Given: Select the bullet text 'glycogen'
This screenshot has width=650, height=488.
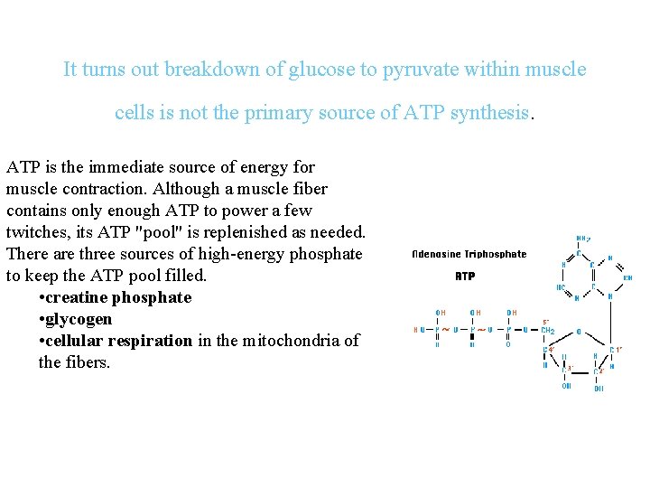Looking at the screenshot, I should [81, 319].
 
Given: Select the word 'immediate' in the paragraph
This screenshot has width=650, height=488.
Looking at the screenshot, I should [120, 167].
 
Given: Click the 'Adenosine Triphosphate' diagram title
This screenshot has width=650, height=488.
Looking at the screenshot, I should [469, 254].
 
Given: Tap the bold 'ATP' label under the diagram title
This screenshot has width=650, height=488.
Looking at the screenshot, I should [465, 276].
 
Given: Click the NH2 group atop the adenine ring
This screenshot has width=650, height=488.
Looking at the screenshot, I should [583, 239].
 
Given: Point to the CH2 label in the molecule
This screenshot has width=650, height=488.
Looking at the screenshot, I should [548, 330].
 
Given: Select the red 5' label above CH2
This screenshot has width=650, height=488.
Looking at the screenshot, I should [545, 321].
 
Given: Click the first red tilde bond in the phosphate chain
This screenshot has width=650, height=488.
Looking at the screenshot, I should [445, 330].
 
